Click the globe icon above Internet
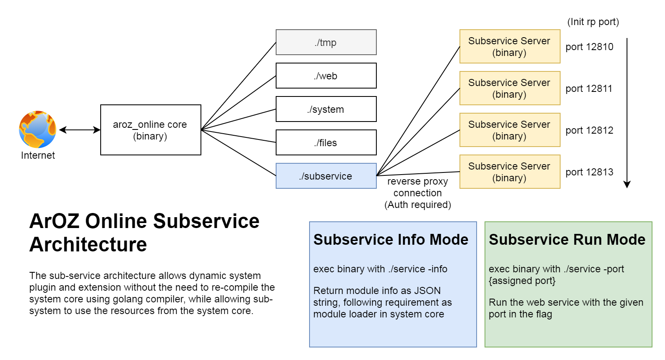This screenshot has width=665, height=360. (38, 129)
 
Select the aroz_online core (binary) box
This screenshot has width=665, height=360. (150, 130)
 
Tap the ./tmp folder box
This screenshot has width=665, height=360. (326, 42)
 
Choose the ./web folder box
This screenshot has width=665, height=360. (326, 76)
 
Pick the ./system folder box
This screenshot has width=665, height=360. (326, 109)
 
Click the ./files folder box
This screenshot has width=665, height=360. (326, 142)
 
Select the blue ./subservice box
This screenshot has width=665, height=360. (326, 176)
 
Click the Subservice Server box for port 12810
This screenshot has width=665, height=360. (510, 46)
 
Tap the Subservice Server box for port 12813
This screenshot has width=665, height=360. (510, 172)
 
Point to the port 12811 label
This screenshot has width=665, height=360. (589, 89)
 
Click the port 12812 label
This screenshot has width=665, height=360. (589, 130)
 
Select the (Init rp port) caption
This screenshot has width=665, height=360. (593, 22)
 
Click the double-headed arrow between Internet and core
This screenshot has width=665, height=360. (80, 130)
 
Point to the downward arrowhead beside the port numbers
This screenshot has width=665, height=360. (627, 184)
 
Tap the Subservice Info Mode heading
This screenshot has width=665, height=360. (391, 240)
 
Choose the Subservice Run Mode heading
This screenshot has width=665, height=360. (567, 240)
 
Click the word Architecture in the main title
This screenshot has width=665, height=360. (88, 245)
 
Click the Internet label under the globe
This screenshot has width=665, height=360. (38, 155)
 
